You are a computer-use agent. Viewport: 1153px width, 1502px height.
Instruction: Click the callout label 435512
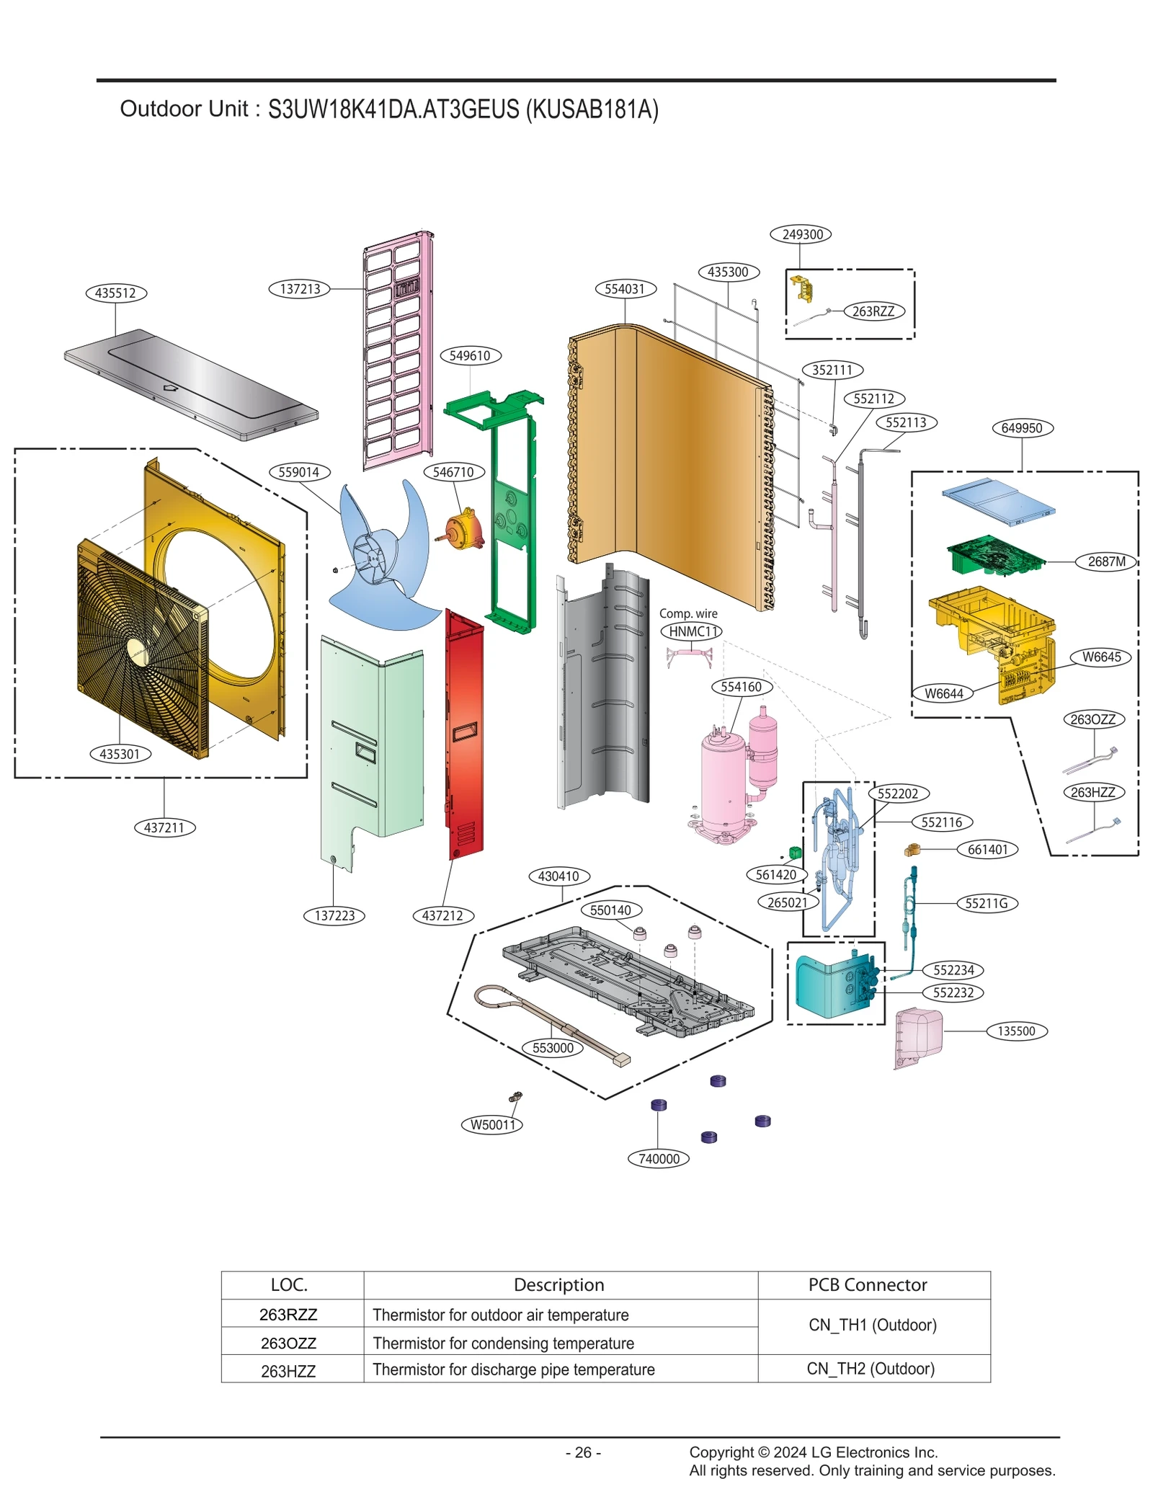click(115, 293)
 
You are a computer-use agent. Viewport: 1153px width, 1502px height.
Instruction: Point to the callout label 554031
click(625, 289)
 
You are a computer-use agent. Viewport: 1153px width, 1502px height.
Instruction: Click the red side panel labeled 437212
click(464, 735)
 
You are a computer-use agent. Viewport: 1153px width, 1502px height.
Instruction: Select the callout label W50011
click(492, 1124)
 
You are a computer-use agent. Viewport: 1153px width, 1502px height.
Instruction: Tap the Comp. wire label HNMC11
click(690, 631)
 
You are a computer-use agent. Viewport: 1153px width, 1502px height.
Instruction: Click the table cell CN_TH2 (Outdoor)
click(870, 1368)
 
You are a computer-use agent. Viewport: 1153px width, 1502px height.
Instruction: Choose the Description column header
click(558, 1284)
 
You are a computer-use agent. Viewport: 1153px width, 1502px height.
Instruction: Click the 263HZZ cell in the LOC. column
click(288, 1371)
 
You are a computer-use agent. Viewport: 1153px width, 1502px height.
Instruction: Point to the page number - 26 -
click(583, 1452)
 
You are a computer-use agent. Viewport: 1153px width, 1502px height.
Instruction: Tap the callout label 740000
click(659, 1158)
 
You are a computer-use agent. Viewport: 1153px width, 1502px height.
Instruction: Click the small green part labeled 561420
click(795, 853)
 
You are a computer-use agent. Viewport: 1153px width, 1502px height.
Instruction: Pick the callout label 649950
click(1021, 428)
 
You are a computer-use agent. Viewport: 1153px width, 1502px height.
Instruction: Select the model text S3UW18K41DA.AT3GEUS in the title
click(393, 109)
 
